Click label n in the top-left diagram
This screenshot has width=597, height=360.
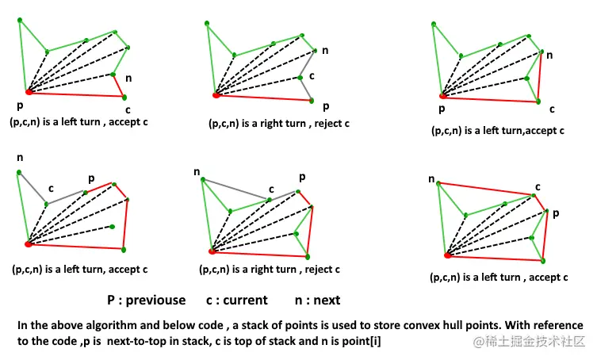(130, 79)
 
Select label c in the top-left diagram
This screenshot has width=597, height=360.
(127, 108)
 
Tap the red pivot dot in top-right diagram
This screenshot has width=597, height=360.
(442, 94)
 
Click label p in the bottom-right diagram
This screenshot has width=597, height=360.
(555, 213)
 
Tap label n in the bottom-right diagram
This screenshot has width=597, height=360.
(432, 179)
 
